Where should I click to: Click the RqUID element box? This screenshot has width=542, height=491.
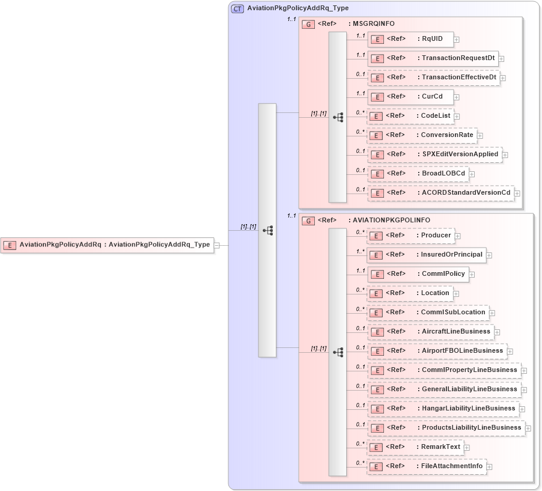[410, 39]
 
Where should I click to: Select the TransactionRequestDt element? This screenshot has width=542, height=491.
[433, 58]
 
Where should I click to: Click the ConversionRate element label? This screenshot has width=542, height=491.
[447, 135]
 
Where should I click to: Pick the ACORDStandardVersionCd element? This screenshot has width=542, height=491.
[441, 193]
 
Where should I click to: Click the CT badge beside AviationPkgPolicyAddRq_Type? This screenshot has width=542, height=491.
[237, 8]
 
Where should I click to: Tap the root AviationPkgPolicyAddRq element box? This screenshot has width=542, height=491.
[108, 245]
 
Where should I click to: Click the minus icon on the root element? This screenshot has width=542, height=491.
[217, 245]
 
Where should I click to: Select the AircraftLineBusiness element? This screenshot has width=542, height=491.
[431, 332]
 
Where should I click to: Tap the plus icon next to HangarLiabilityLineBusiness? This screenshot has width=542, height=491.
[523, 409]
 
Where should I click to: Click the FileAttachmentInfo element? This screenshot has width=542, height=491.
[427, 466]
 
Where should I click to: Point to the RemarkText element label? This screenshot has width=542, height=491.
[440, 447]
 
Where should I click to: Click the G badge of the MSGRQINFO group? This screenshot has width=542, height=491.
[308, 24]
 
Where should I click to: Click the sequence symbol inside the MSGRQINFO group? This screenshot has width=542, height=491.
[338, 117]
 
